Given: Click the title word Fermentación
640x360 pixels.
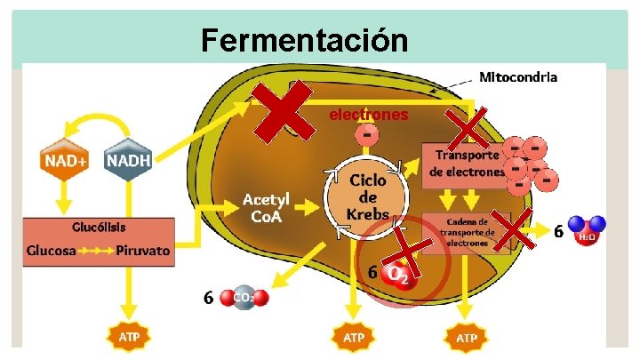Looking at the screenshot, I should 304,40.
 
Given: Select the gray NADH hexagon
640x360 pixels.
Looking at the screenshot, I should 129,161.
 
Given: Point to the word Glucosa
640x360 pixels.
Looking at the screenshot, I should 55,251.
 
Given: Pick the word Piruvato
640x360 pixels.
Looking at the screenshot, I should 142,251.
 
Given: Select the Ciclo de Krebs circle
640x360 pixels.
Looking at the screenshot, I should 366,195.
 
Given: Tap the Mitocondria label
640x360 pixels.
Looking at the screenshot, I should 518,77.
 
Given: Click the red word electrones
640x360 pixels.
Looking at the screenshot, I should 368,115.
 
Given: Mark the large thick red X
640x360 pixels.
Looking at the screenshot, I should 284,111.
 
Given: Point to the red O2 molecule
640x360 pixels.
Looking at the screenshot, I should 397,276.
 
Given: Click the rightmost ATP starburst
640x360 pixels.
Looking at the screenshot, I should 467,338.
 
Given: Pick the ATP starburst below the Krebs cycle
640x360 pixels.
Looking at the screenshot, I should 354,338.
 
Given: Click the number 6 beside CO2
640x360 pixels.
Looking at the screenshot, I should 208,298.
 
